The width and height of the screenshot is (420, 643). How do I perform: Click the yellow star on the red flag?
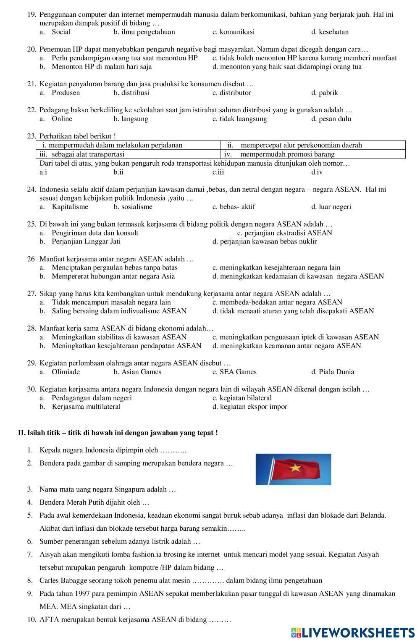tap(295, 467)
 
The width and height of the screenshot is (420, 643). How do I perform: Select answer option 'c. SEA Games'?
tap(234, 372)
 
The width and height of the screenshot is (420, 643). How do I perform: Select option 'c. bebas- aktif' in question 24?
tap(234, 206)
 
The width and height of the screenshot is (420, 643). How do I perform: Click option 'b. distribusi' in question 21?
tap(131, 93)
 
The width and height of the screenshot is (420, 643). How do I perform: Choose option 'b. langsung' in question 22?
tap(131, 119)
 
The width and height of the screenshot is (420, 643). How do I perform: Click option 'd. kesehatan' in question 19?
tap(330, 32)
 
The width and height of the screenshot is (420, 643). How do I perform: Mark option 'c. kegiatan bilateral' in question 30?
tap(242, 398)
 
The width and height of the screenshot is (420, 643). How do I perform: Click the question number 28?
tap(31, 328)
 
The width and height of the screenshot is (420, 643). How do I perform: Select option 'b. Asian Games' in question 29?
tap(137, 372)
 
